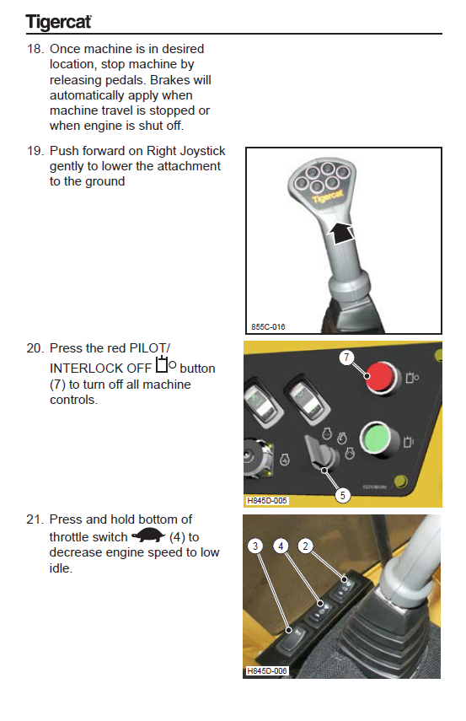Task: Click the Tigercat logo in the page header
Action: [58, 22]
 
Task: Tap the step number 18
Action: [35, 49]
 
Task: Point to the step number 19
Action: [35, 151]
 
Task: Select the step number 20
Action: [35, 348]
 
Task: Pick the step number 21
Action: [35, 519]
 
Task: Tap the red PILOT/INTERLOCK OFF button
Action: [381, 378]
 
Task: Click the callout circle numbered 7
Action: [346, 358]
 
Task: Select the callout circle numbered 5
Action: [342, 495]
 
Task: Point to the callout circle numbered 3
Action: [255, 546]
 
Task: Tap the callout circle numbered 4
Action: [281, 546]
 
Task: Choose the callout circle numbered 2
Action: [305, 546]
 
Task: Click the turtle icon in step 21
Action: [148, 535]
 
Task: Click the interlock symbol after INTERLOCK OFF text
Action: [165, 364]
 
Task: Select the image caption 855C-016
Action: [268, 327]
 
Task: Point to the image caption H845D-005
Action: [267, 500]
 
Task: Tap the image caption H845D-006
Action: [267, 671]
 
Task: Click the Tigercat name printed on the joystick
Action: [328, 196]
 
